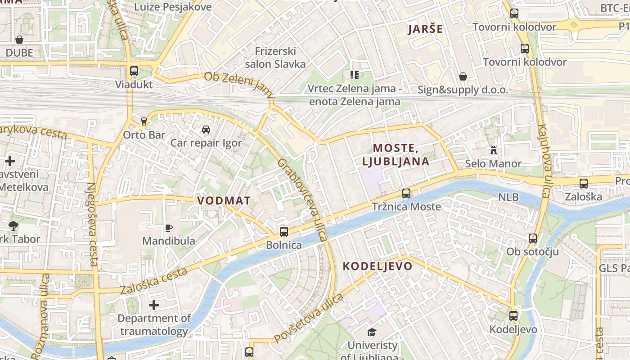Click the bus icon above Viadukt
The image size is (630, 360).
click(x=134, y=71)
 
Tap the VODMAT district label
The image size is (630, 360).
click(x=224, y=201)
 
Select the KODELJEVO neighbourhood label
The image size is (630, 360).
click(x=378, y=266)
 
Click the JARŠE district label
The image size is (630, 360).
click(x=425, y=30)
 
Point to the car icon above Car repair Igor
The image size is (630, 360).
click(x=206, y=130)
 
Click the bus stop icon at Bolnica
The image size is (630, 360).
click(x=283, y=232)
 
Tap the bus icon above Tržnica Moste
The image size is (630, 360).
click(x=406, y=193)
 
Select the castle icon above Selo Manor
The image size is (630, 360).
click(x=493, y=150)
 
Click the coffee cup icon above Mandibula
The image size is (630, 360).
click(x=169, y=228)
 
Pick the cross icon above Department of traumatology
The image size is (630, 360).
click(x=154, y=306)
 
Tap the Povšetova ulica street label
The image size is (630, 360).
click(x=309, y=318)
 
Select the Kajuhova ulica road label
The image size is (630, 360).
click(x=543, y=161)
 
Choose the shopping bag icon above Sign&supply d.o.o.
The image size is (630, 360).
click(x=463, y=77)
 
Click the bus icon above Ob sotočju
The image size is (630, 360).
click(x=533, y=238)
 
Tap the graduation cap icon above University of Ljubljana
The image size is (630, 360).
click(x=372, y=333)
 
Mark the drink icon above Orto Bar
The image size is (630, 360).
click(x=144, y=121)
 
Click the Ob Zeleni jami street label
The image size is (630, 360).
click(x=239, y=84)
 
